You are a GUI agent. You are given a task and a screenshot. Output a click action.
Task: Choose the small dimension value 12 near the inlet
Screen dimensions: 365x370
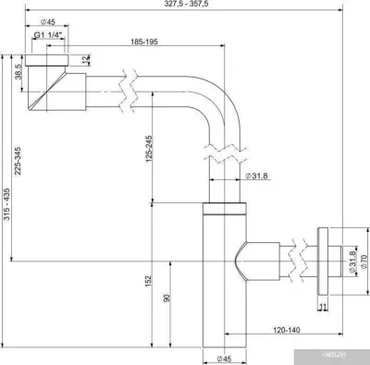coord(84,61)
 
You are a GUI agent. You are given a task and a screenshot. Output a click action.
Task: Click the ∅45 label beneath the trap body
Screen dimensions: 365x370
coord(223,357)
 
